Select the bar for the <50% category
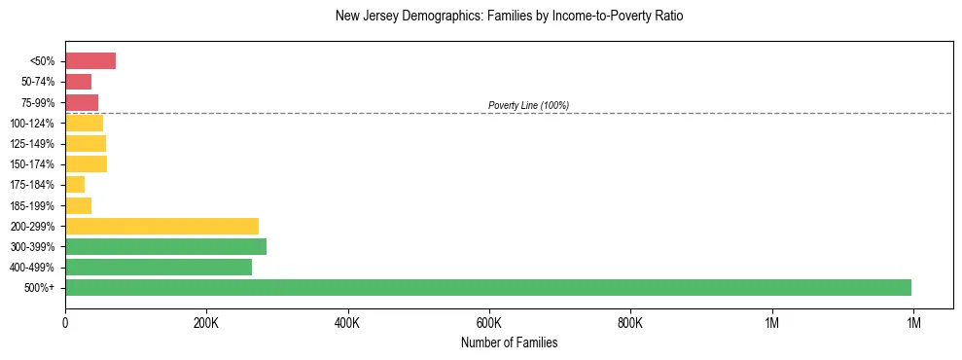click(x=90, y=61)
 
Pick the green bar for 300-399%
click(x=166, y=246)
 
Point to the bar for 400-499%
click(x=159, y=267)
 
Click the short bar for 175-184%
click(x=75, y=185)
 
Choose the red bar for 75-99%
click(x=82, y=102)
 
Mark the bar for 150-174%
click(x=86, y=163)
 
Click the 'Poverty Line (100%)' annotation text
click(x=528, y=105)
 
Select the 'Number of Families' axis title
click(x=509, y=342)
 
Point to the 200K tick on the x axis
click(x=206, y=322)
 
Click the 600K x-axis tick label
click(x=489, y=322)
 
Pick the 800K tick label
click(x=630, y=322)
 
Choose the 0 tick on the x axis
click(x=65, y=322)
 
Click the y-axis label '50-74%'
click(x=37, y=82)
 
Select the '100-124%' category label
click(x=32, y=123)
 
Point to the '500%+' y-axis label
click(x=40, y=288)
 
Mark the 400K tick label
click(x=347, y=322)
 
